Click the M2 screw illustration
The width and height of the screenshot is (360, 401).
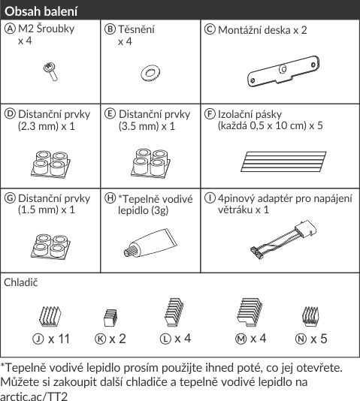pos(50,72)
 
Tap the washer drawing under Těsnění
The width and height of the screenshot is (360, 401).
pos(150,74)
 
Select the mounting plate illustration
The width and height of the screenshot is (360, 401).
pos(283,71)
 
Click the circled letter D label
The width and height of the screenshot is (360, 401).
pos(10,114)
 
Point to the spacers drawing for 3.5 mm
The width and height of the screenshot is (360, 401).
pos(150,163)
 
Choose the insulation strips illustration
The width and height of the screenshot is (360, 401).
pos(283,161)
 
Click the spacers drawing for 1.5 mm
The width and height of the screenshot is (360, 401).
pos(50,246)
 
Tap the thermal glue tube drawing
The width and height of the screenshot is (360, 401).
pos(150,243)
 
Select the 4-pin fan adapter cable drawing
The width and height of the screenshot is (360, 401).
pos(283,240)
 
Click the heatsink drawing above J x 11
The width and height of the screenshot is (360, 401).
pos(50,316)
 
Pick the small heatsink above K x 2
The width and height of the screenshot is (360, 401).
pos(110,318)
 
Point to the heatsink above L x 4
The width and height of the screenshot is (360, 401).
pos(174,312)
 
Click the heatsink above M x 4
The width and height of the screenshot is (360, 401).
pos(250,312)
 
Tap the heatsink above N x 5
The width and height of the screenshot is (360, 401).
pos(310,316)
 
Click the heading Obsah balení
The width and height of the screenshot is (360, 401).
pos(41,11)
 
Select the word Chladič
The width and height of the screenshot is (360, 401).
pos(21,282)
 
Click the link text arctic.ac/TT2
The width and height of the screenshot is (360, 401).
pos(34,396)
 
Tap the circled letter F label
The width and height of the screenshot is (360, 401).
pos(210,114)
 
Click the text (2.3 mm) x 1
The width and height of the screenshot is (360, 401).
pos(47,126)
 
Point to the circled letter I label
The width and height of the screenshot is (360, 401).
pos(210,198)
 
